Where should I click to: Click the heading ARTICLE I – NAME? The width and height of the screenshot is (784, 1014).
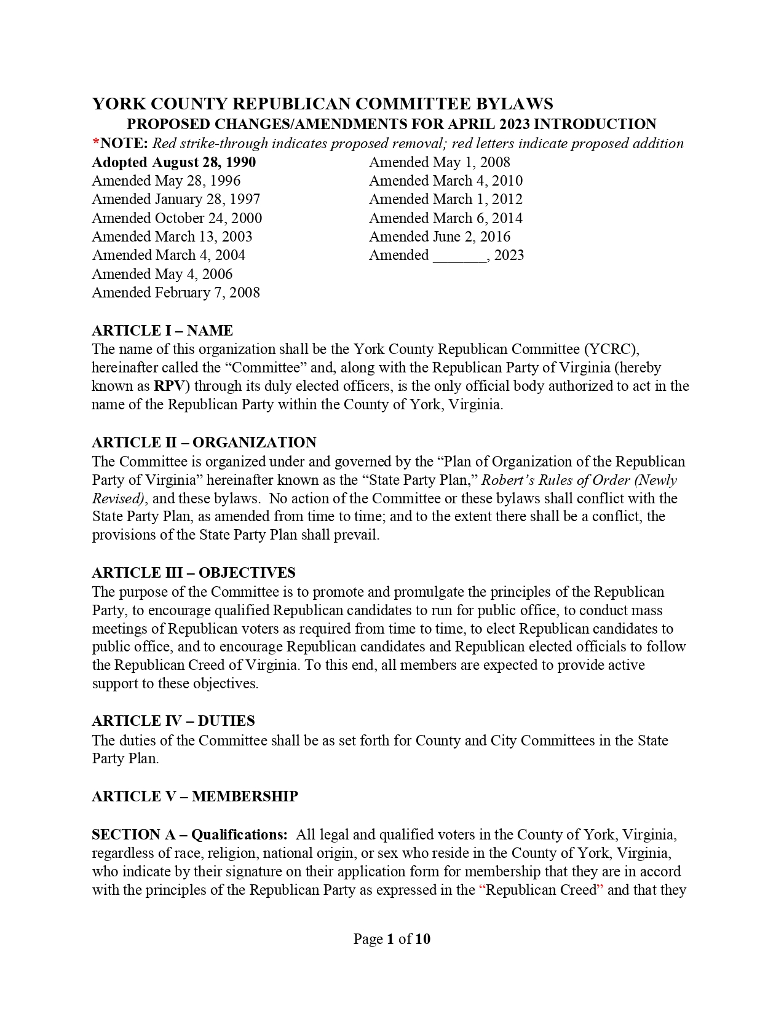tap(162, 331)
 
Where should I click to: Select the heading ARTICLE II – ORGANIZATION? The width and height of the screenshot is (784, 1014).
tap(204, 442)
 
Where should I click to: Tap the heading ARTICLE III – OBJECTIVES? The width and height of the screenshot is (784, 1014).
tap(193, 573)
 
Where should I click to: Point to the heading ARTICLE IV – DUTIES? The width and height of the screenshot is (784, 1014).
tap(173, 721)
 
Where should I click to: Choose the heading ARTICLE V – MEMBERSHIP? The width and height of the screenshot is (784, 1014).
tap(194, 796)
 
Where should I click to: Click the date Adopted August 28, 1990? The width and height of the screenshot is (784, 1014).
tap(173, 162)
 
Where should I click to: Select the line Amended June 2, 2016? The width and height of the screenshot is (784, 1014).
tap(439, 237)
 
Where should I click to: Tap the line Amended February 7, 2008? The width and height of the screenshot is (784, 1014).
tap(175, 293)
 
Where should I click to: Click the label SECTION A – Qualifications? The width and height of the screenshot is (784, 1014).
tap(189, 835)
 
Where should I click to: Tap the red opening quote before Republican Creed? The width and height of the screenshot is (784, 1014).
tap(481, 890)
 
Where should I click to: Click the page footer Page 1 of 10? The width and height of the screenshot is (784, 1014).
tap(392, 939)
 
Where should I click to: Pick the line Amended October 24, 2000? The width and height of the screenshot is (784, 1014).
tap(176, 218)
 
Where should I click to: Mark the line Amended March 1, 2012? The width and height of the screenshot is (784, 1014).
tap(445, 199)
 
